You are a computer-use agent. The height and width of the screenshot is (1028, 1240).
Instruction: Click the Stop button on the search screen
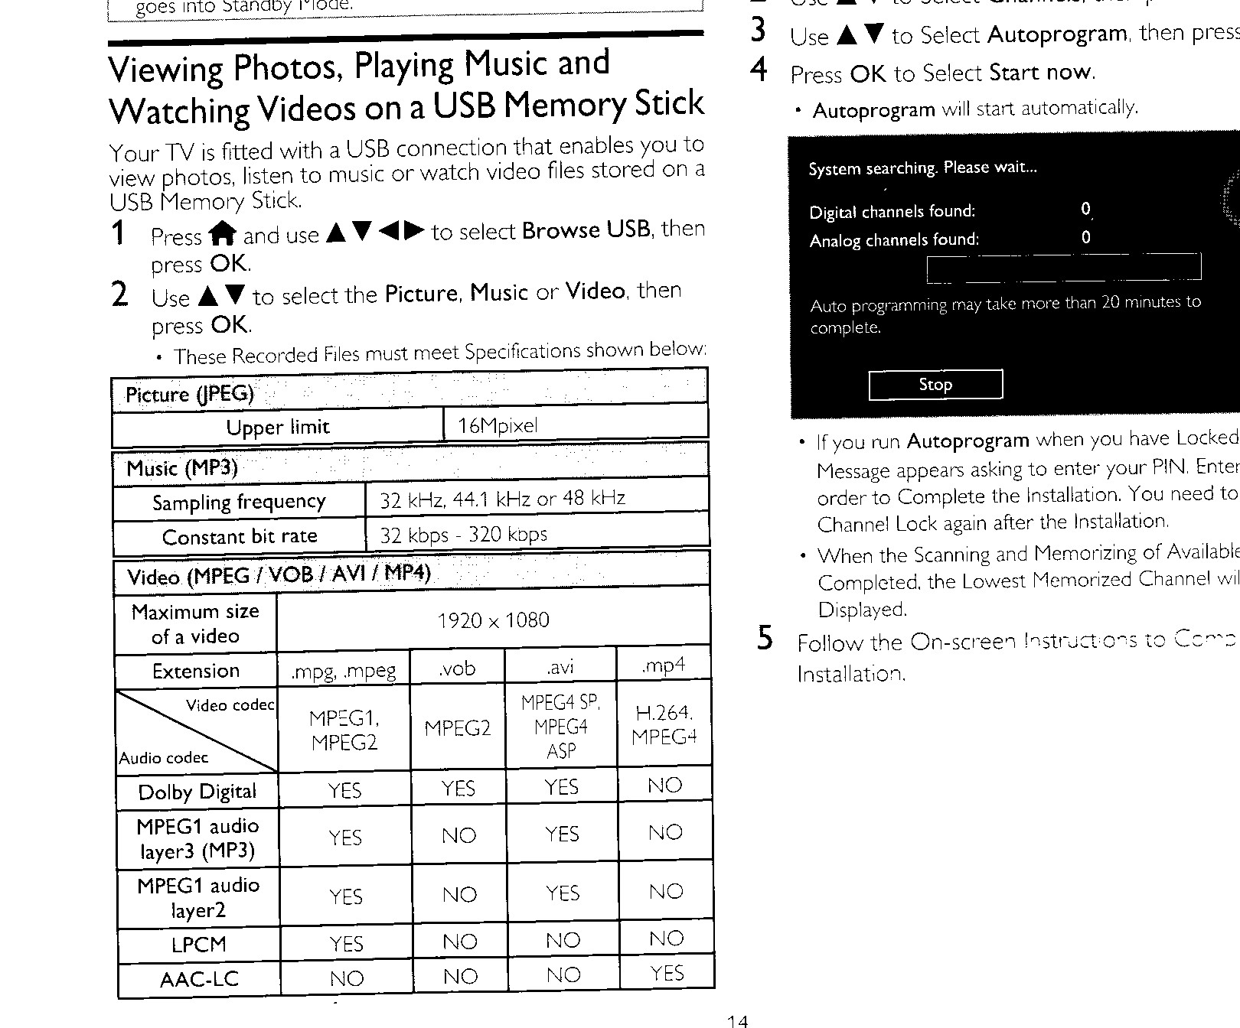pos(935,384)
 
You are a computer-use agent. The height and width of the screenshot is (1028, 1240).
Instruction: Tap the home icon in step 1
pos(222,233)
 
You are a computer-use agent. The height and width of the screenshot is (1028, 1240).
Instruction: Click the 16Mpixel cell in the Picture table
pos(498,425)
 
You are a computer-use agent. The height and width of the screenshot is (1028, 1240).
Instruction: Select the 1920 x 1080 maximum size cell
pos(493,620)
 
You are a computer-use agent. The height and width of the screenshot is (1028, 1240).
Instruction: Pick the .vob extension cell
pos(458,669)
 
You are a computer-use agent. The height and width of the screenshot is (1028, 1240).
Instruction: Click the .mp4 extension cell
pos(664,665)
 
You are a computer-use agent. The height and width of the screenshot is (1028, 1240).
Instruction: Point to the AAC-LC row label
pos(199,979)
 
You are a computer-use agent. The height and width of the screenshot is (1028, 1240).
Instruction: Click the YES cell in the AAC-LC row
pos(667,973)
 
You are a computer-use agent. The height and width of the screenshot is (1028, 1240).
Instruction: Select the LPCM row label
pos(199,945)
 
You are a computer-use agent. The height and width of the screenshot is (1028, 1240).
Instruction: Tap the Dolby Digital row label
pos(197,792)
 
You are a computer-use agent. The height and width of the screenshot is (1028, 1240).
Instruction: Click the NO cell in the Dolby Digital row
pos(664,786)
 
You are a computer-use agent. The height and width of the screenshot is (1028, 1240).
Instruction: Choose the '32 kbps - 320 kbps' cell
pos(464,534)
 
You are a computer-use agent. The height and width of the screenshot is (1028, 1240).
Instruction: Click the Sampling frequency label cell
pos(239,502)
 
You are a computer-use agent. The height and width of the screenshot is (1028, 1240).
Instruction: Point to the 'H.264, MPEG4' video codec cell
pos(664,724)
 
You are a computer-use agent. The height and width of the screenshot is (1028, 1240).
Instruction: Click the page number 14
pos(737,1020)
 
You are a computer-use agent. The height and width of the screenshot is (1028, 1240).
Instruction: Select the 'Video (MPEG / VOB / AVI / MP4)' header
pos(279,575)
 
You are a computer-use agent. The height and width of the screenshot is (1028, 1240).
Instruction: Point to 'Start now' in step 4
pos(1040,73)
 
